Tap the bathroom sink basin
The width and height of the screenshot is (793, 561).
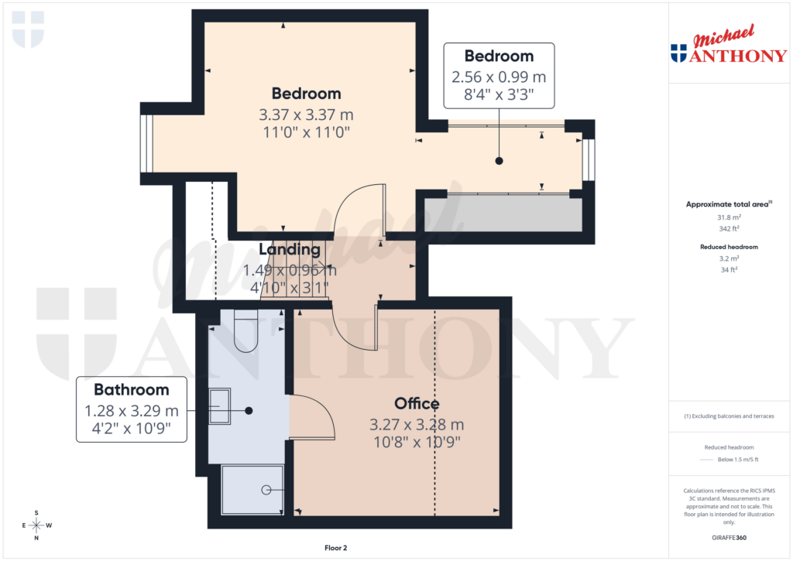tap(220, 406)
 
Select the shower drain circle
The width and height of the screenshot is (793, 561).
tap(266, 490)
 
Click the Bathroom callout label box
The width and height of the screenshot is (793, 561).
tap(132, 409)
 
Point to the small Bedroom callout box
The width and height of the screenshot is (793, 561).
tap(499, 76)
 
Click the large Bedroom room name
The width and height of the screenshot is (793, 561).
tap(306, 94)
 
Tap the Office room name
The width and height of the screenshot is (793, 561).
tap(417, 404)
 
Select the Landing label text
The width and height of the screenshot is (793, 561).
tap(290, 250)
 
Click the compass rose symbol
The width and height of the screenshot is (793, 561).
tap(36, 525)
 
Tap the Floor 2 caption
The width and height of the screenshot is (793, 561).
tap(336, 548)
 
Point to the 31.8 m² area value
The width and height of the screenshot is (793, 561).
tap(727, 217)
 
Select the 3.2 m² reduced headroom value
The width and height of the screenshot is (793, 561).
tap(728, 259)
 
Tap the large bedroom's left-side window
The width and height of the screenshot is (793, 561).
tap(146, 144)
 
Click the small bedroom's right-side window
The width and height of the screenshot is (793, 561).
tap(589, 159)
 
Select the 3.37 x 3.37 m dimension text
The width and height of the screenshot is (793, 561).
tap(306, 115)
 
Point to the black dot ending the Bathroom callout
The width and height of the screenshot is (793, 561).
tap(249, 410)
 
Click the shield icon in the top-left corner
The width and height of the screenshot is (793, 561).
tap(29, 29)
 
